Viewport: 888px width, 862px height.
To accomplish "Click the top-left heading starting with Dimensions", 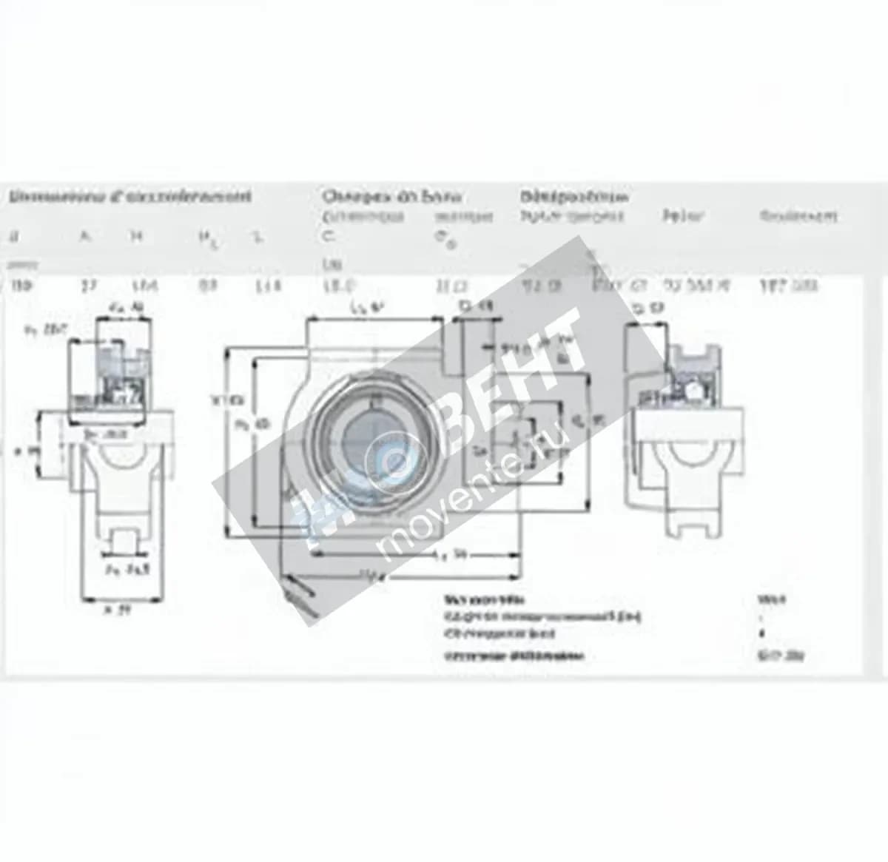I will (x=129, y=197).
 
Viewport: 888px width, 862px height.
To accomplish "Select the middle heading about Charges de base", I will (x=392, y=197).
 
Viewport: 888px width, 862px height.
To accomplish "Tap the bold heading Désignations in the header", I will (x=574, y=197).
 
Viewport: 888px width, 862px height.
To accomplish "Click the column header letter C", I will (x=329, y=237).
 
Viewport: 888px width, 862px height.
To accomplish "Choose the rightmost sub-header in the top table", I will (x=798, y=216).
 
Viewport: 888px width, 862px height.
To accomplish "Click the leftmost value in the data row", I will (x=16, y=286).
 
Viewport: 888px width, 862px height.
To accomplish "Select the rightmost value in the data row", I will (x=798, y=286).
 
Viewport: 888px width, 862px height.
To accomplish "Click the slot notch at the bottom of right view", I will (x=691, y=525).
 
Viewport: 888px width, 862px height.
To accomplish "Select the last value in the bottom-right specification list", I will (x=771, y=655).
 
